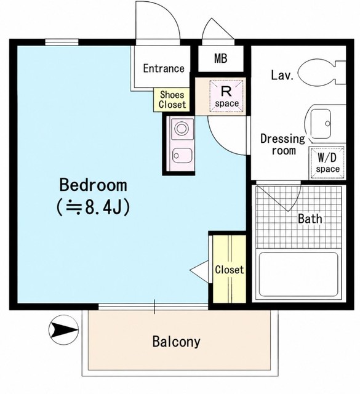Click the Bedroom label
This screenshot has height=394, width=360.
point(93,185)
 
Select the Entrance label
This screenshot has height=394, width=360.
point(164,68)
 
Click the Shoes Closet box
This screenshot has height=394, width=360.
point(171,100)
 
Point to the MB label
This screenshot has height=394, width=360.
point(221,58)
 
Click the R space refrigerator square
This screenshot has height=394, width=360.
point(226,96)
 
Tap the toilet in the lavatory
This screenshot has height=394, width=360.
point(322,73)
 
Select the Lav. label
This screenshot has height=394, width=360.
point(282,75)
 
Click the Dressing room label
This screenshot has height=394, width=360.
point(282,145)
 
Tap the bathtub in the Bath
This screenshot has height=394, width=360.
point(298,274)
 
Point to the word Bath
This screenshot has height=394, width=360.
point(310,219)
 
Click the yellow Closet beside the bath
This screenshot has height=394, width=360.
point(229,269)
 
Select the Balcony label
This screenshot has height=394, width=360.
point(177,342)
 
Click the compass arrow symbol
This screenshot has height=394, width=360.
point(63,330)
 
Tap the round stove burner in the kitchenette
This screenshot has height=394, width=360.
point(182,129)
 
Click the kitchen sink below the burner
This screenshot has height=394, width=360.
point(182,156)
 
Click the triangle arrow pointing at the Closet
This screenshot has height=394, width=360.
point(199,271)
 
